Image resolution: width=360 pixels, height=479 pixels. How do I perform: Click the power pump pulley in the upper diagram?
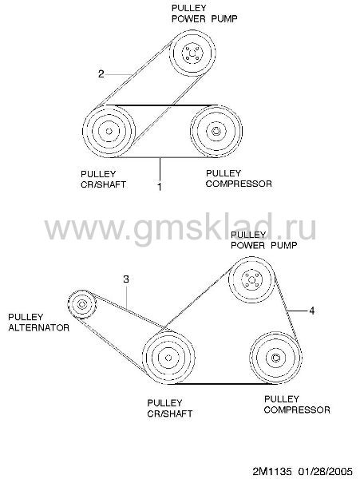tap(192, 53)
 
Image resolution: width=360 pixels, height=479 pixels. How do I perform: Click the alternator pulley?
tap(82, 304)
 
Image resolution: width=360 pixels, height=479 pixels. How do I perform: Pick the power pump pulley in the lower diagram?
tap(251, 280)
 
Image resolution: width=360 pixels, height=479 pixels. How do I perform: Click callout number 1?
tap(160, 186)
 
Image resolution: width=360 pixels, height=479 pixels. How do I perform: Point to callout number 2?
tap(101, 73)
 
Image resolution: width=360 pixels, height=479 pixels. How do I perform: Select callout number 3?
tap(126, 279)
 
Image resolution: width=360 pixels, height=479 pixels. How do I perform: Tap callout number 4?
tap(312, 311)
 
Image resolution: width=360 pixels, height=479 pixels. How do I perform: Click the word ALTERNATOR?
tap(39, 328)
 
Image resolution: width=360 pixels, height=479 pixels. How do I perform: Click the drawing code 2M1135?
tap(272, 471)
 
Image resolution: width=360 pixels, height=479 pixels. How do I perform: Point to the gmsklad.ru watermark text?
tap(180, 228)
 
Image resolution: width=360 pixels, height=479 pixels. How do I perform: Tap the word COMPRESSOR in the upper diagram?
tap(239, 184)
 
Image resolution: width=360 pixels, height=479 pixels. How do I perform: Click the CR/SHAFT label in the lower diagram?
tap(170, 414)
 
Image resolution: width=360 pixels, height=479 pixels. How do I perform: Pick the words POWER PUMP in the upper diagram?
tap(204, 18)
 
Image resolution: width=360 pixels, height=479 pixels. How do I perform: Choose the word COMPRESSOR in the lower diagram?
tap(297, 410)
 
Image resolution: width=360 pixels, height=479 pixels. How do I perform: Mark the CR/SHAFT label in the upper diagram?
tap(103, 184)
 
